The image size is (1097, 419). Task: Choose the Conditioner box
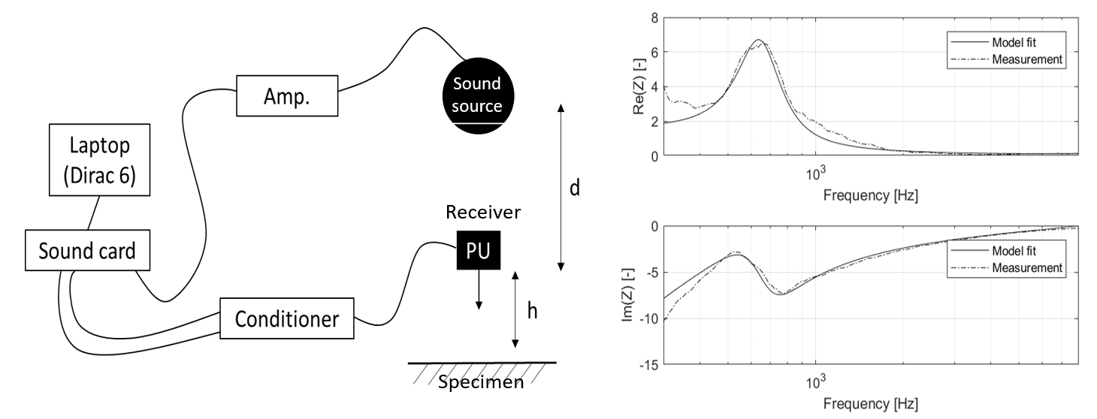point(286,320)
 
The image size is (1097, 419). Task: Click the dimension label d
point(574,187)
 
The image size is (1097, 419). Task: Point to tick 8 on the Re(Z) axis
point(654,17)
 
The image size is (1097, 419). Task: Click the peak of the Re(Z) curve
point(759,40)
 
